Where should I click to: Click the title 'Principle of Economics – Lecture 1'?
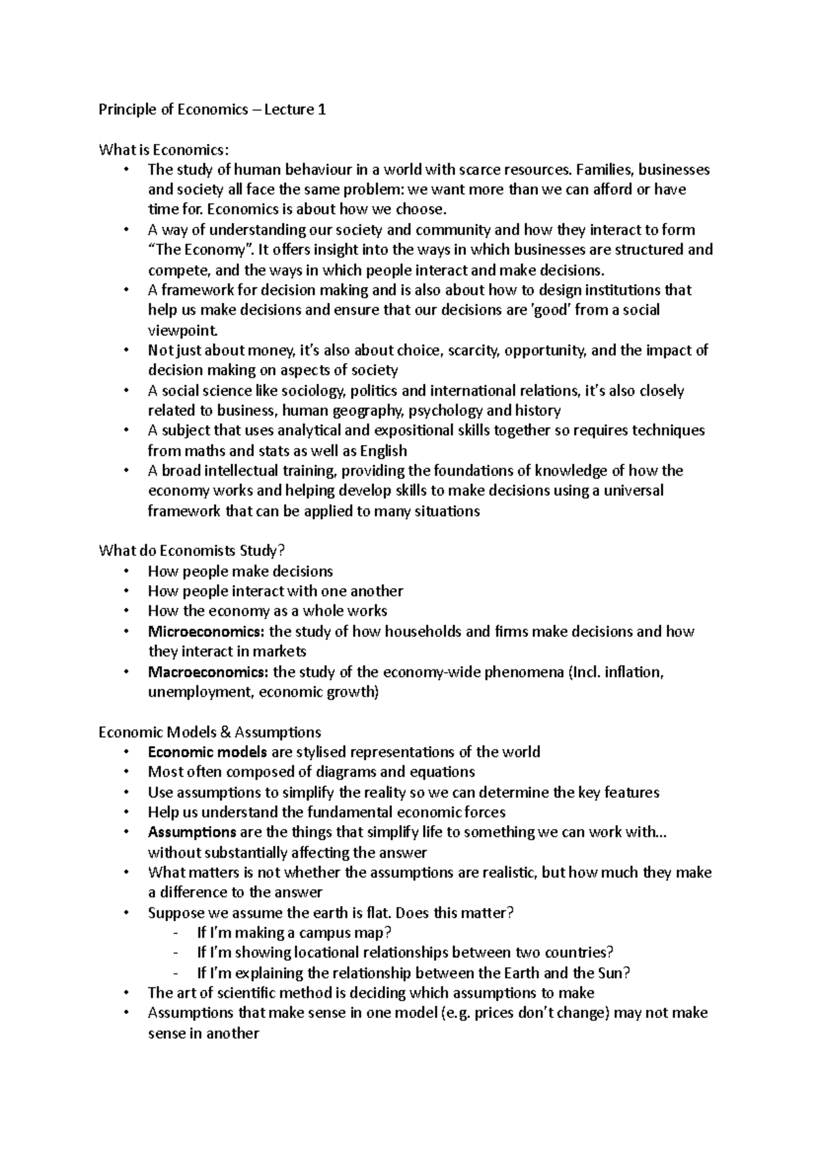[212, 109]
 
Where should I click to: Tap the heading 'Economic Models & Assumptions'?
[209, 732]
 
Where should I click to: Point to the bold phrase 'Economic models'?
[207, 752]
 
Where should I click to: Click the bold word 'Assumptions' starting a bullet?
[192, 833]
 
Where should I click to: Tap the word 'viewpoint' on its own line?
[182, 330]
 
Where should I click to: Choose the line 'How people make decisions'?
[240, 571]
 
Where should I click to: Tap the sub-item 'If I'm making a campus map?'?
[294, 932]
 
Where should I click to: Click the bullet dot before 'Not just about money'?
[126, 351]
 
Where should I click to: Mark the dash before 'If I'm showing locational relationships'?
[177, 953]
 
